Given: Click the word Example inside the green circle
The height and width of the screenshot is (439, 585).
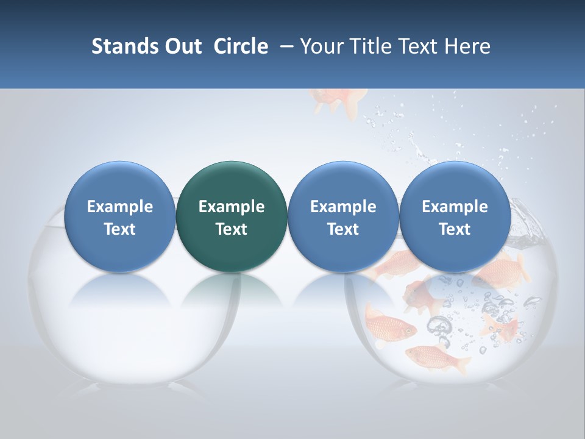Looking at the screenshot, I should pos(232,207).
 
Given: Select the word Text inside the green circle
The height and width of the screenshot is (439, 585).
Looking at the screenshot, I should pos(232,229).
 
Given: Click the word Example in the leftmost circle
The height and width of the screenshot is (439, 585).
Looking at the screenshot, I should pos(119,207).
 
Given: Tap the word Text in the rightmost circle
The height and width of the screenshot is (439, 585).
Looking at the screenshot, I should pos(455,229).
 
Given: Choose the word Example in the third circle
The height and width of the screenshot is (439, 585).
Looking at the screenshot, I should pos(343,207).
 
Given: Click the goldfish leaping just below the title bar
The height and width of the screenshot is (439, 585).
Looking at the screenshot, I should pos(338,99).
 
